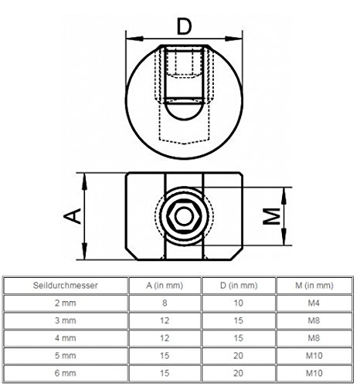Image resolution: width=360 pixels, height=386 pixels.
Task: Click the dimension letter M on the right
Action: point(270,218)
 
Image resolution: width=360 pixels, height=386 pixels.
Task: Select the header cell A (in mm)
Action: point(161,286)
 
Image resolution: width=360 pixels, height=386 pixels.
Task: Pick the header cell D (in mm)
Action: point(237,286)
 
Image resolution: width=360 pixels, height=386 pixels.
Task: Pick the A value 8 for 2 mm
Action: point(161,304)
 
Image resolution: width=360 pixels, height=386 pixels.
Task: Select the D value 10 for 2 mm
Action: point(237,304)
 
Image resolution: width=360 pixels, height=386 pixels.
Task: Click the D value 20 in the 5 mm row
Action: point(237,357)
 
